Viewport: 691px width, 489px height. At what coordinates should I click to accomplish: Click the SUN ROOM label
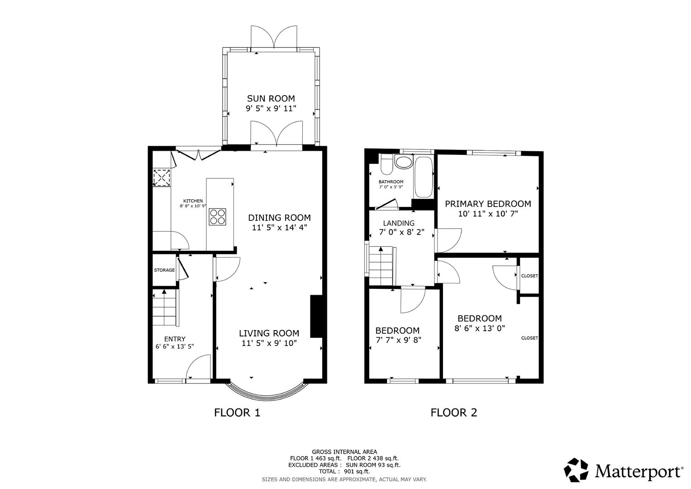(271, 98)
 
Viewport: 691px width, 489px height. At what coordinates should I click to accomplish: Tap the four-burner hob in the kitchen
(218, 216)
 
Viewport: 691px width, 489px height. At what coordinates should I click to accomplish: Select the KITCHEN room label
(193, 201)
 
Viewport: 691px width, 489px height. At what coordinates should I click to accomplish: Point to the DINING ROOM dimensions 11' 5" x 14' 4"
(279, 228)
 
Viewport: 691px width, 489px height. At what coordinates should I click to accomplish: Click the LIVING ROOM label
(269, 333)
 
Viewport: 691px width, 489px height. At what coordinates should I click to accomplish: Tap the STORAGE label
(164, 270)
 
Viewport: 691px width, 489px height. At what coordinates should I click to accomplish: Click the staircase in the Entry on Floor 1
(163, 308)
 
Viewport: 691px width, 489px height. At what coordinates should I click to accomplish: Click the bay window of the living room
(270, 393)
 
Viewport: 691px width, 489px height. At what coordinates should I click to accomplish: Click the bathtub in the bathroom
(424, 177)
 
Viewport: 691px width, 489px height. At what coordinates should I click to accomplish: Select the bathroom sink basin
(403, 162)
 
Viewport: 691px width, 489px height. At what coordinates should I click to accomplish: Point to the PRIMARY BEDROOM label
(487, 204)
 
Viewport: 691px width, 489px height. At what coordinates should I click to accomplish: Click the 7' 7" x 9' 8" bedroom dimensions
(397, 340)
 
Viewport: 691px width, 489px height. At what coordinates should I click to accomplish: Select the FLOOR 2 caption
(453, 412)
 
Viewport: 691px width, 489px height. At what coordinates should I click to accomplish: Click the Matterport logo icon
(576, 470)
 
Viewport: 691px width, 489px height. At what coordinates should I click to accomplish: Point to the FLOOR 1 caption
(237, 412)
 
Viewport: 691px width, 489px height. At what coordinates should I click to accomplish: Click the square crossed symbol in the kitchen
(162, 177)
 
